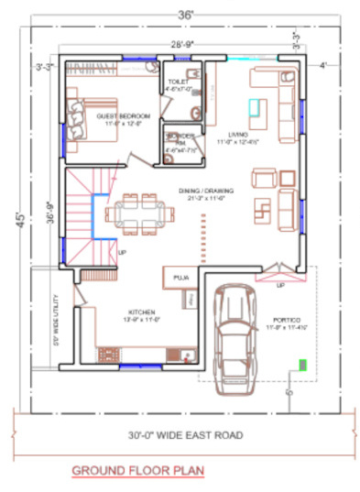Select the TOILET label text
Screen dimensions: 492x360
[177, 82]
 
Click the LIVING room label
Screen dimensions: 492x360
[228, 135]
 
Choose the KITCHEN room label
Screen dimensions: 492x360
[142, 312]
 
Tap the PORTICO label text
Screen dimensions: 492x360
[281, 321]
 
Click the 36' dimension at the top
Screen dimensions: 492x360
[186, 13]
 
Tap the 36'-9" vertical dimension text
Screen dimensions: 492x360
[52, 213]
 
